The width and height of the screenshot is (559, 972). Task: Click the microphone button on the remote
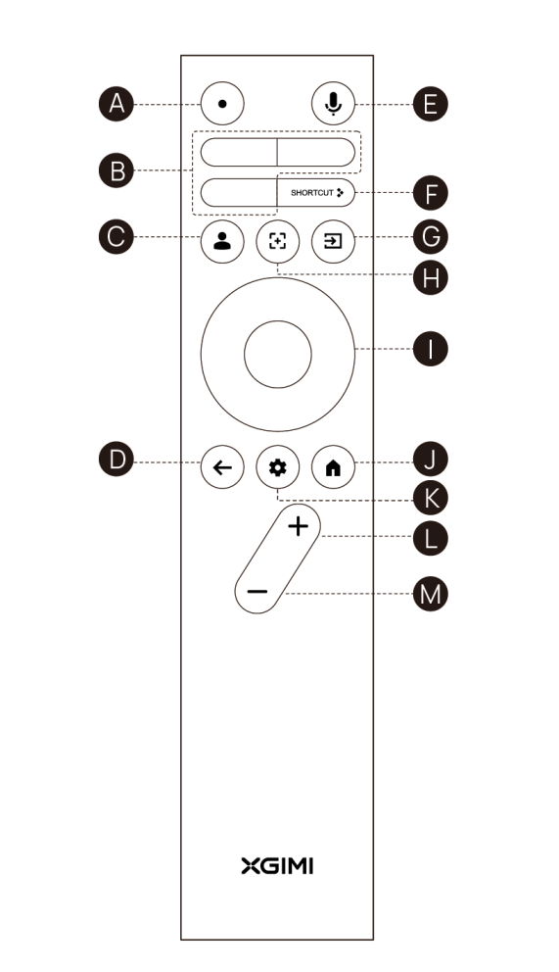coord(333,104)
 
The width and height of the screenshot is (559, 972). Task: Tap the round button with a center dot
coord(222,104)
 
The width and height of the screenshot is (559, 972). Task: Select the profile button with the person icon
coord(222,241)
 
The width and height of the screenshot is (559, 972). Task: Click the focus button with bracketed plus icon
coord(277,241)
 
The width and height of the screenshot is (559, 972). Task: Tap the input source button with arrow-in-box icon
coord(333,241)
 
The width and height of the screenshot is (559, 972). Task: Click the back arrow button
coord(222,467)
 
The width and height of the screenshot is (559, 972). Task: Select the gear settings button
coord(277,467)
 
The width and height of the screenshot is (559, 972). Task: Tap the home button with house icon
coord(333,467)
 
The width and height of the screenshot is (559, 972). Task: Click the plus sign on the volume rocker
coord(299,526)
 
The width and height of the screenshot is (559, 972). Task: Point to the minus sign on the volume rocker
coord(256,592)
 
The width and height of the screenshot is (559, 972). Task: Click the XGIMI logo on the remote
coord(277,866)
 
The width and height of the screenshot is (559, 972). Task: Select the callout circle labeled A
coord(116,104)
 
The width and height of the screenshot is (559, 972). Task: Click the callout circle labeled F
coord(430,193)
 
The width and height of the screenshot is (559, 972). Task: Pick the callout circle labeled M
coord(430,594)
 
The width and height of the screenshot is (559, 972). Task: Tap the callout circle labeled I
coord(430,349)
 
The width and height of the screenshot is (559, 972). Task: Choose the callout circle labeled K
coord(430,498)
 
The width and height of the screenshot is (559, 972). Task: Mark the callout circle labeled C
coord(116,237)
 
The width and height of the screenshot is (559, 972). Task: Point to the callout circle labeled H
coord(430,277)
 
